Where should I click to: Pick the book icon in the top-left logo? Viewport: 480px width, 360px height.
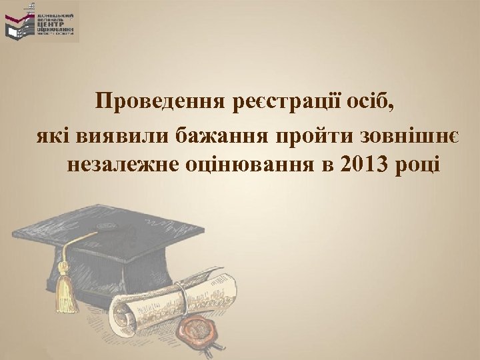pos(19,25)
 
